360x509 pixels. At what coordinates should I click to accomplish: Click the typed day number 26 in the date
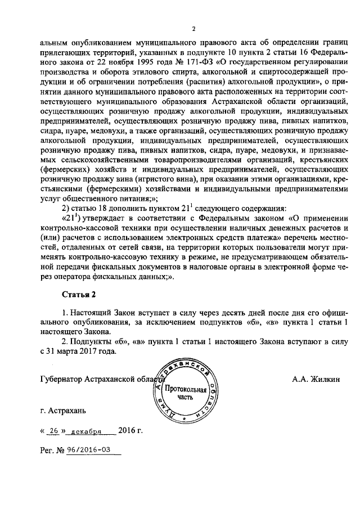pos(55,433)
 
